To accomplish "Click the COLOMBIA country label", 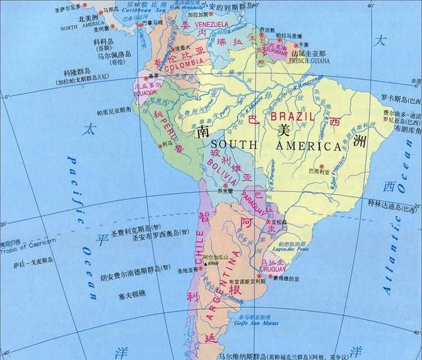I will (x=184, y=67).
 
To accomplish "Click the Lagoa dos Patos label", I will (x=292, y=249).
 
